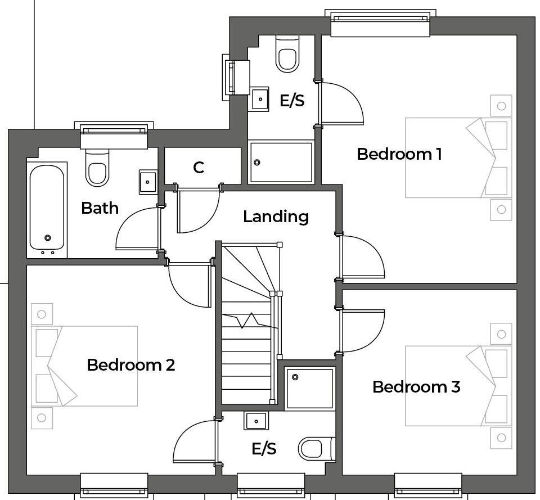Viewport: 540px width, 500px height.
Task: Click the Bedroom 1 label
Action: click(x=399, y=154)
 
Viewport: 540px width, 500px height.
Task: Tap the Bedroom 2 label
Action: click(x=130, y=364)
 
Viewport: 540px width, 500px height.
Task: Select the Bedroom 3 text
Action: click(x=416, y=386)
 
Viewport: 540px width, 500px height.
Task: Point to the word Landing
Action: click(x=276, y=217)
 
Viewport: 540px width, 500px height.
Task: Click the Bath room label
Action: click(x=100, y=208)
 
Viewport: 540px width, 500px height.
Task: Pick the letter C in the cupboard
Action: click(x=198, y=168)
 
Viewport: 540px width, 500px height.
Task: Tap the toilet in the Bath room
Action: click(x=96, y=169)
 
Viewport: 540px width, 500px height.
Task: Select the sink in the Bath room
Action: click(x=148, y=182)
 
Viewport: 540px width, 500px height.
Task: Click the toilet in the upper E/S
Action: click(x=287, y=55)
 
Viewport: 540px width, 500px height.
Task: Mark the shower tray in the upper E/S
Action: click(x=281, y=162)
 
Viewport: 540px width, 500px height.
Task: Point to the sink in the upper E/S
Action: click(x=260, y=99)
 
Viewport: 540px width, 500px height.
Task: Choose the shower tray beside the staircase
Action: click(x=309, y=388)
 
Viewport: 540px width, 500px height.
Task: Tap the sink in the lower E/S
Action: click(x=256, y=420)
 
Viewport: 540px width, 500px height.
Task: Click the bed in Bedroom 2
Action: click(x=84, y=366)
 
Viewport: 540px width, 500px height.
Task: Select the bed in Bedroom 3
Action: click(x=458, y=385)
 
